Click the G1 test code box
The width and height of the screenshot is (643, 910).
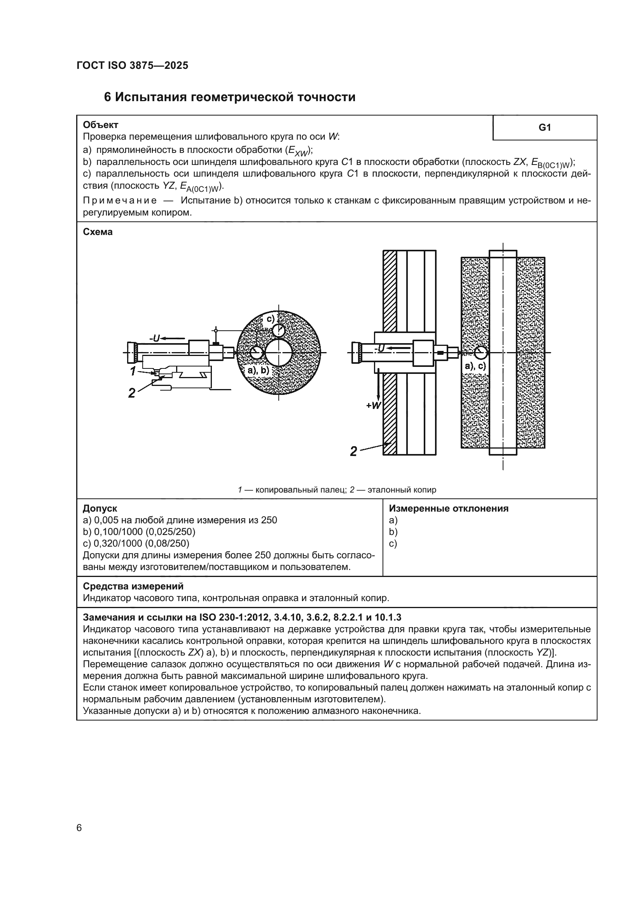[x=544, y=128]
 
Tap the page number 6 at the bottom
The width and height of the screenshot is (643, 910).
[x=79, y=828]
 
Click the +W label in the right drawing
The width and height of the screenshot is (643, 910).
[x=373, y=405]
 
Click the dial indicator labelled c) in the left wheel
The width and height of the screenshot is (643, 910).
[x=278, y=330]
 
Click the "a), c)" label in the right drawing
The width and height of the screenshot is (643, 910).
[x=475, y=366]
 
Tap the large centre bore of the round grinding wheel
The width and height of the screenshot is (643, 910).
[x=279, y=352]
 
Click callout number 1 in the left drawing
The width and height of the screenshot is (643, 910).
[x=133, y=371]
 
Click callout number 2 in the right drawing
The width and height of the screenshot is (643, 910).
[x=353, y=451]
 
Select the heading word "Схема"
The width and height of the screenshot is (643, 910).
[x=98, y=232]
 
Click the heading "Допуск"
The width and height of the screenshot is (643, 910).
[x=100, y=508]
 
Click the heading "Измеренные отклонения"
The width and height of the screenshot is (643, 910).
[x=449, y=508]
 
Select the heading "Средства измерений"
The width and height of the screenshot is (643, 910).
[x=133, y=586]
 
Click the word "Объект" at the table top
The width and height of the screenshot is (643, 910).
[x=101, y=125]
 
